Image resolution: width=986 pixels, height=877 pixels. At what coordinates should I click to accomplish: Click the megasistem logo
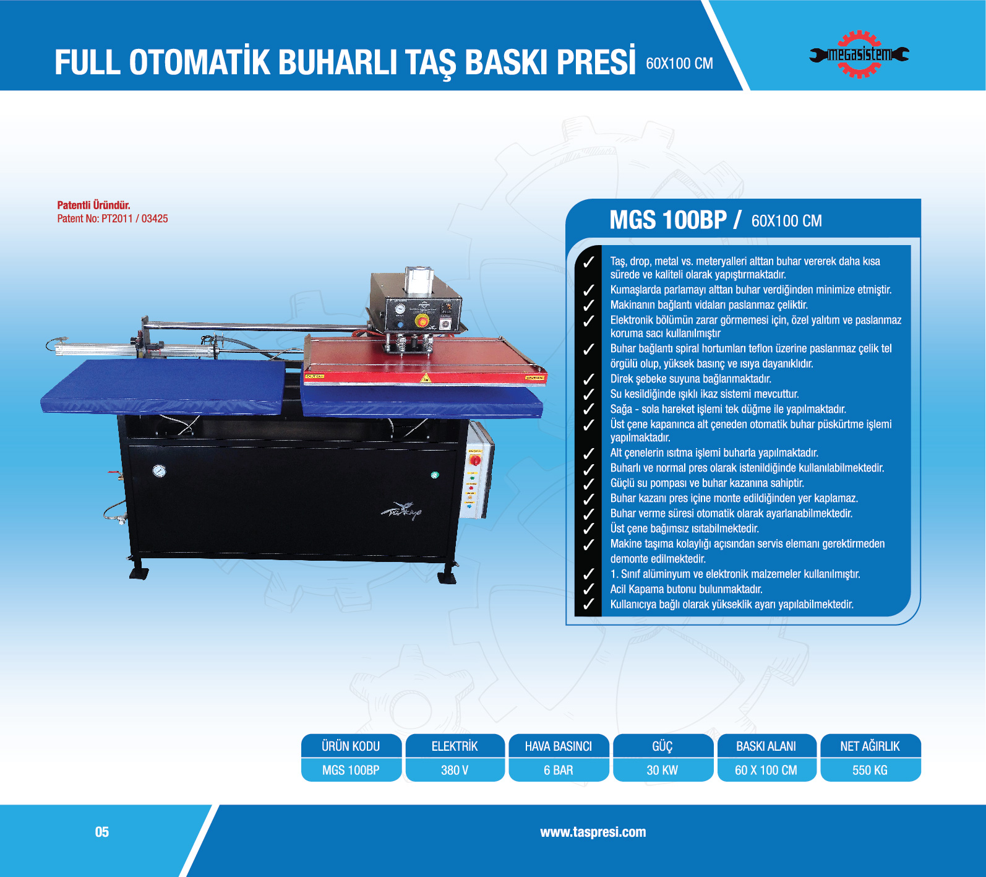click(859, 54)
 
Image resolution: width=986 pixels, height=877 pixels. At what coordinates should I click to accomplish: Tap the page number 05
click(102, 832)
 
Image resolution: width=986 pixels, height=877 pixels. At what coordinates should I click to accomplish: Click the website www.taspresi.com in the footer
click(593, 832)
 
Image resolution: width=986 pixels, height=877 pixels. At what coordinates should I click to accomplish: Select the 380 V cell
click(455, 770)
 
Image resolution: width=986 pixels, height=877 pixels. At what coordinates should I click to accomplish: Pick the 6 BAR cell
click(559, 770)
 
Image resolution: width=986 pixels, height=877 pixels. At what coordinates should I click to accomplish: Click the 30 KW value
click(662, 770)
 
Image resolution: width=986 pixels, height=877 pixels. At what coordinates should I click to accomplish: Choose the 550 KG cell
click(870, 770)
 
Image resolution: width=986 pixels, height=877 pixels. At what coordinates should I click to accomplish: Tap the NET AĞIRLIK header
click(870, 746)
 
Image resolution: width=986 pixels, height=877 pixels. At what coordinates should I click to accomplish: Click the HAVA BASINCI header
click(559, 746)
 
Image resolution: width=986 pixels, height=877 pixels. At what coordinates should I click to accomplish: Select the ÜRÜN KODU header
click(351, 746)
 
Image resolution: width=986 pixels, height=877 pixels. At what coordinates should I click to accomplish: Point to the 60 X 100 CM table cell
click(766, 770)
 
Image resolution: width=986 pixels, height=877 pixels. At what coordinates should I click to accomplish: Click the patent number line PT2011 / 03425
click(113, 218)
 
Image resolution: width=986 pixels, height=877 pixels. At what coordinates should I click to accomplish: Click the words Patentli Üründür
click(93, 205)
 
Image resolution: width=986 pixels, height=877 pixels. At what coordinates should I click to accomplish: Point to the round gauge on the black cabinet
click(159, 471)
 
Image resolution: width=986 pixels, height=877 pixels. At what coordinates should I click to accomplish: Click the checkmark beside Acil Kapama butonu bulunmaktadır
click(588, 589)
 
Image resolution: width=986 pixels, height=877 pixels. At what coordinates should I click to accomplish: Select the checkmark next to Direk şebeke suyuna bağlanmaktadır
click(588, 379)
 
